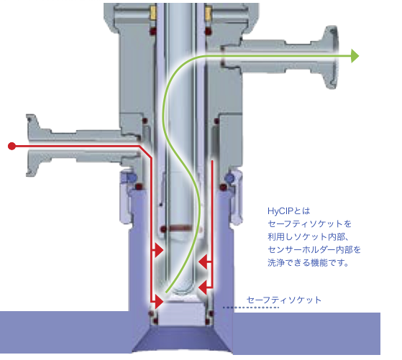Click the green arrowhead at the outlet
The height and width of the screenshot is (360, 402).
(x=355, y=56)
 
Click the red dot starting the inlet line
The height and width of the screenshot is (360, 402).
(x=12, y=146)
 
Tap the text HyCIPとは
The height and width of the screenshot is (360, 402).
(x=288, y=211)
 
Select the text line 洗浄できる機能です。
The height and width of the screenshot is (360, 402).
(x=309, y=262)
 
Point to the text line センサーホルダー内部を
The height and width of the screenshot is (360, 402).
(x=314, y=249)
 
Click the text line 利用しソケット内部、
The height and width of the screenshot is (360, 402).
(x=309, y=236)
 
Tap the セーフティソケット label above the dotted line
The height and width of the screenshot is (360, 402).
(x=284, y=300)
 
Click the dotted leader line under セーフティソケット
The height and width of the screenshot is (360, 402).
(x=251, y=308)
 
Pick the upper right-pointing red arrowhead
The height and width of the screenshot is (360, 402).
(x=159, y=250)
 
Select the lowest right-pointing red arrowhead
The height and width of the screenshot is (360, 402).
(x=159, y=301)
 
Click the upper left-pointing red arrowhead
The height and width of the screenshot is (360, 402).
(x=203, y=262)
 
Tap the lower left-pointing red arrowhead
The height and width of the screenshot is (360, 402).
(x=203, y=287)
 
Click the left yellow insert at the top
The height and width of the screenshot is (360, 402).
(x=153, y=13)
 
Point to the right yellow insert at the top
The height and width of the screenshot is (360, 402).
(x=208, y=14)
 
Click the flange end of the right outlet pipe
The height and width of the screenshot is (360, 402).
(x=331, y=57)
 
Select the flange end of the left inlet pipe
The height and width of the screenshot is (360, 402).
(x=33, y=145)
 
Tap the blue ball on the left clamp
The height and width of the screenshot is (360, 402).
(x=132, y=177)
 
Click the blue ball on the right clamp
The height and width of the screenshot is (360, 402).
(x=229, y=177)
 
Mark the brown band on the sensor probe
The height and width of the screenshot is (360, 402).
(x=180, y=228)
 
